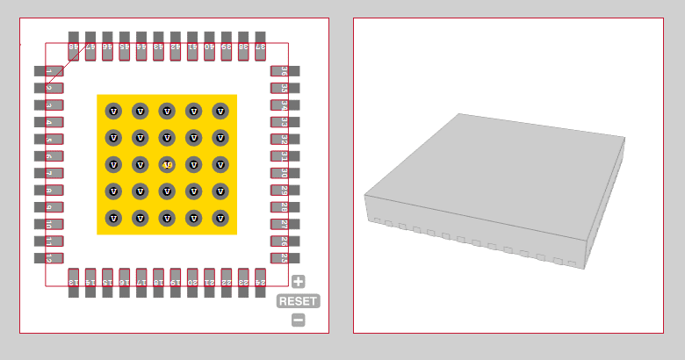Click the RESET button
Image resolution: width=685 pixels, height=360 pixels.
[x=299, y=301]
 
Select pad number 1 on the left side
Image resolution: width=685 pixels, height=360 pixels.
[x=49, y=70]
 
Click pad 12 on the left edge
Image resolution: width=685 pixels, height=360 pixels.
[x=49, y=258]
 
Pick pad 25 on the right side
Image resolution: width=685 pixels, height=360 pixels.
[x=285, y=258]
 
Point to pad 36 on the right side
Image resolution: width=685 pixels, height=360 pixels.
[x=285, y=70]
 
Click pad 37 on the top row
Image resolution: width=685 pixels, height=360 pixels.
[x=261, y=47]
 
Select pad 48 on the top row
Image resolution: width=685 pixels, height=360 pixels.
[x=74, y=47]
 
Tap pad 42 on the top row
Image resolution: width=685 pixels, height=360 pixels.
[x=176, y=47]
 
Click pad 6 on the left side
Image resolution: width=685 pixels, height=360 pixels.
[x=49, y=155]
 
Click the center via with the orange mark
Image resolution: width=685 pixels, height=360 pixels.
[x=167, y=164]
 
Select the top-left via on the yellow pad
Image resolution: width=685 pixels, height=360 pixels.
[x=113, y=111]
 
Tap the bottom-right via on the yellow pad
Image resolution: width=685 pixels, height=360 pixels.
[x=220, y=218]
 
